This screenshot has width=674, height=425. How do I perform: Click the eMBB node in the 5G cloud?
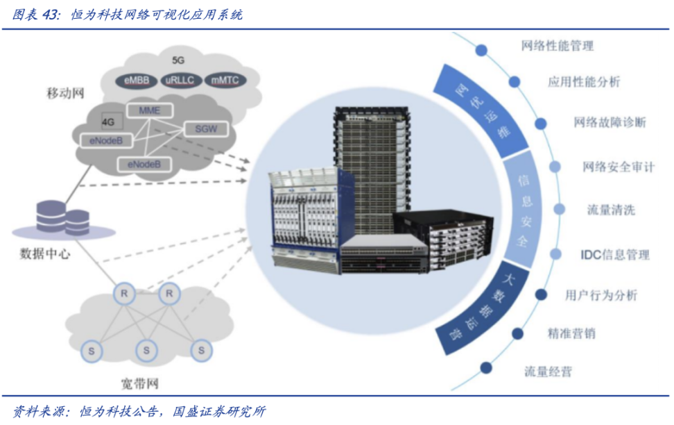[137, 81]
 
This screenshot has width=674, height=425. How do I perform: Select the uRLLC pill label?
[182, 81]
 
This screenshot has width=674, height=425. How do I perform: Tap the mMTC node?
[225, 81]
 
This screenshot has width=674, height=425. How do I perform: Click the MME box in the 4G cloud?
[149, 111]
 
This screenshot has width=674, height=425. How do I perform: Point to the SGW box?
[206, 128]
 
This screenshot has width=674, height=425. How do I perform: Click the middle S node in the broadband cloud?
[146, 350]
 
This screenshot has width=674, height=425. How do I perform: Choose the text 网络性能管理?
[558, 47]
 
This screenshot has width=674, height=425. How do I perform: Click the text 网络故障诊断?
[610, 123]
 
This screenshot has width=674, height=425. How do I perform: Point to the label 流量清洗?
[611, 210]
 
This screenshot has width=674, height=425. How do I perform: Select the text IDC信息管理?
[614, 255]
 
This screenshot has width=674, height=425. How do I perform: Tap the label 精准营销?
[571, 333]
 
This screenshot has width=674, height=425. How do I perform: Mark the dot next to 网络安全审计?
[555, 167]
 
